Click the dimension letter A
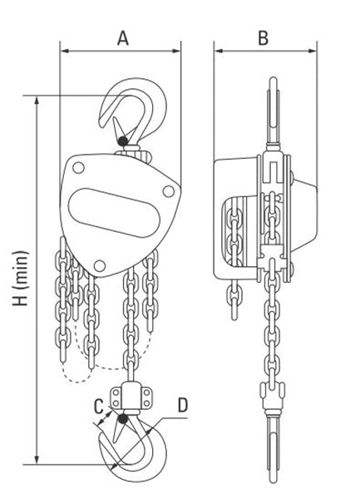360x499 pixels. point(123,38)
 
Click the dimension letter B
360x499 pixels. point(263,38)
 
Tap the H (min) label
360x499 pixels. point(21,279)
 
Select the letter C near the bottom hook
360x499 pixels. point(99,407)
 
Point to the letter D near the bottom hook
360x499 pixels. point(183,405)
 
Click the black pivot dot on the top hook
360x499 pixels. point(122,141)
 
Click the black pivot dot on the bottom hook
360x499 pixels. point(123,419)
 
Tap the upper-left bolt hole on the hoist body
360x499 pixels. point(78,168)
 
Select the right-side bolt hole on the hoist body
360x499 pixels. point(168,191)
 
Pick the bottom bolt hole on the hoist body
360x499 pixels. point(100,266)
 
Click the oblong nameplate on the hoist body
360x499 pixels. point(114,213)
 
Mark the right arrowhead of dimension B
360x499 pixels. point(313,51)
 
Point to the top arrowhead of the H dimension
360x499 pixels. point(37,100)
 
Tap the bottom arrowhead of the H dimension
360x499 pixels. point(37,460)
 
